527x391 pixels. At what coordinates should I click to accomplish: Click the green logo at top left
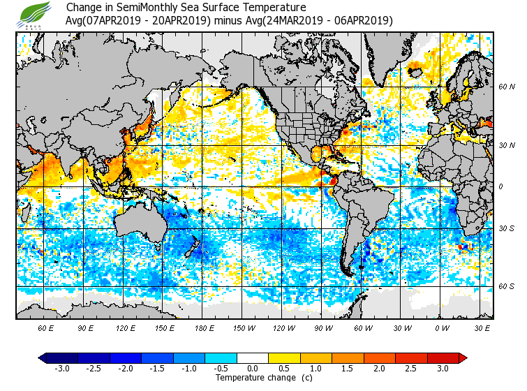34,14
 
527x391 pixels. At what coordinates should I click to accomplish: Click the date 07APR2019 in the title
115,21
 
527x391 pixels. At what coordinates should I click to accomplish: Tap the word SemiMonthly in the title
144,8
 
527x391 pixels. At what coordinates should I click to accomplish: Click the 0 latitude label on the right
500,186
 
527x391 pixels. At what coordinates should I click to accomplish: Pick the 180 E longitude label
205,327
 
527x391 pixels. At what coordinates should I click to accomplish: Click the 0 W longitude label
442,327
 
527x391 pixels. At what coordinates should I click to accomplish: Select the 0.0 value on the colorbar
253,369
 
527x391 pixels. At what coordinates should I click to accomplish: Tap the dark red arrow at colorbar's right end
462,358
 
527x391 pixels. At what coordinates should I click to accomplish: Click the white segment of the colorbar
253,358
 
